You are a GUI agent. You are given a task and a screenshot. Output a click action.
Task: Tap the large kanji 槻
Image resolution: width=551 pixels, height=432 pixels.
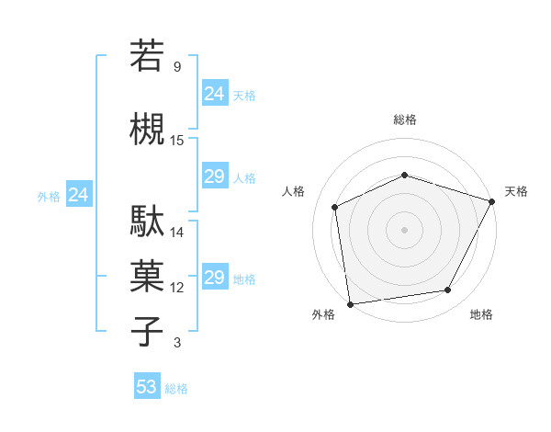coord(148,127)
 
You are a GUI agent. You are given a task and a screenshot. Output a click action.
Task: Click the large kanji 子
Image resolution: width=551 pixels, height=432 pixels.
coord(148,331)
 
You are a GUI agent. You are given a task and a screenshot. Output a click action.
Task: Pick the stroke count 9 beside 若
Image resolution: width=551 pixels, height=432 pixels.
coord(177,66)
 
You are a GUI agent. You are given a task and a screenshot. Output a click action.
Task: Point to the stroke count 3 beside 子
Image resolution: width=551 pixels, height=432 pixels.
coord(177,343)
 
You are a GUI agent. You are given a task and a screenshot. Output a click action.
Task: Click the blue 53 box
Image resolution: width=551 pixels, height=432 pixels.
coord(147,387)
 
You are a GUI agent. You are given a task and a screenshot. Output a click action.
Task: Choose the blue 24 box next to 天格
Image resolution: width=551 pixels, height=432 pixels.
coord(215,93)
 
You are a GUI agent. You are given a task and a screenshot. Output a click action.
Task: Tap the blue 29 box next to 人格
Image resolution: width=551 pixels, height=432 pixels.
coord(215,176)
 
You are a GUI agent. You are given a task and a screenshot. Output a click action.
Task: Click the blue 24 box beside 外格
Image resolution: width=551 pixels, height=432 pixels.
coord(78,195)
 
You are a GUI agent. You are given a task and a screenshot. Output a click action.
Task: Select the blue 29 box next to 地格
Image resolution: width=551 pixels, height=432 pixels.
coord(215,278)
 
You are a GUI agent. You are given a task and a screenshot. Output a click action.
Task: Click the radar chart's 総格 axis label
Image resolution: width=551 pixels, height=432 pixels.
coord(404,119)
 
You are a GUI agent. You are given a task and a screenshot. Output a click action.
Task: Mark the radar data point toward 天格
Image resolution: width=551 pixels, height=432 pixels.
coord(493,201)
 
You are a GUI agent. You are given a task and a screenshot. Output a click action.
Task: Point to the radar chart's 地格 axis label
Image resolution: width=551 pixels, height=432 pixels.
coord(481,314)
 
